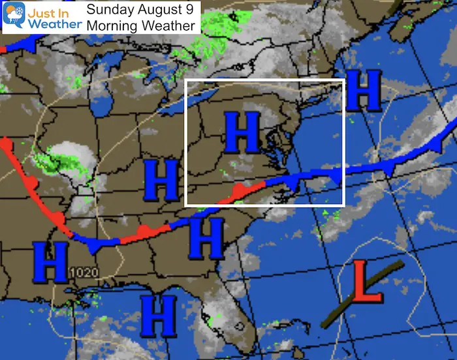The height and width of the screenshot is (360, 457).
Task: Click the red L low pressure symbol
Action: pos(367,283)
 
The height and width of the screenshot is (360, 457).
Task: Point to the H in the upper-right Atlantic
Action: pos(363,91)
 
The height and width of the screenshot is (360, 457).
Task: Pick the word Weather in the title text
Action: pos(169,26)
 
